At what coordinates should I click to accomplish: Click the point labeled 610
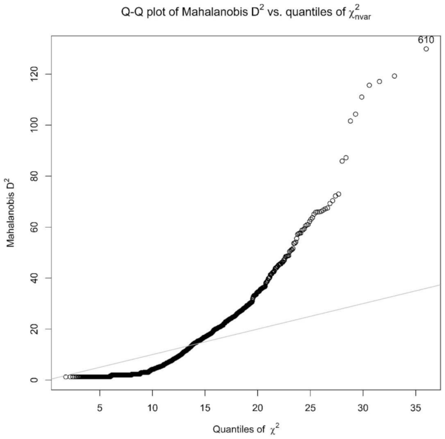pos(426,49)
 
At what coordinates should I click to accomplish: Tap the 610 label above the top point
pos(426,40)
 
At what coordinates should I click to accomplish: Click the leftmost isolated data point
pos(66,377)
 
